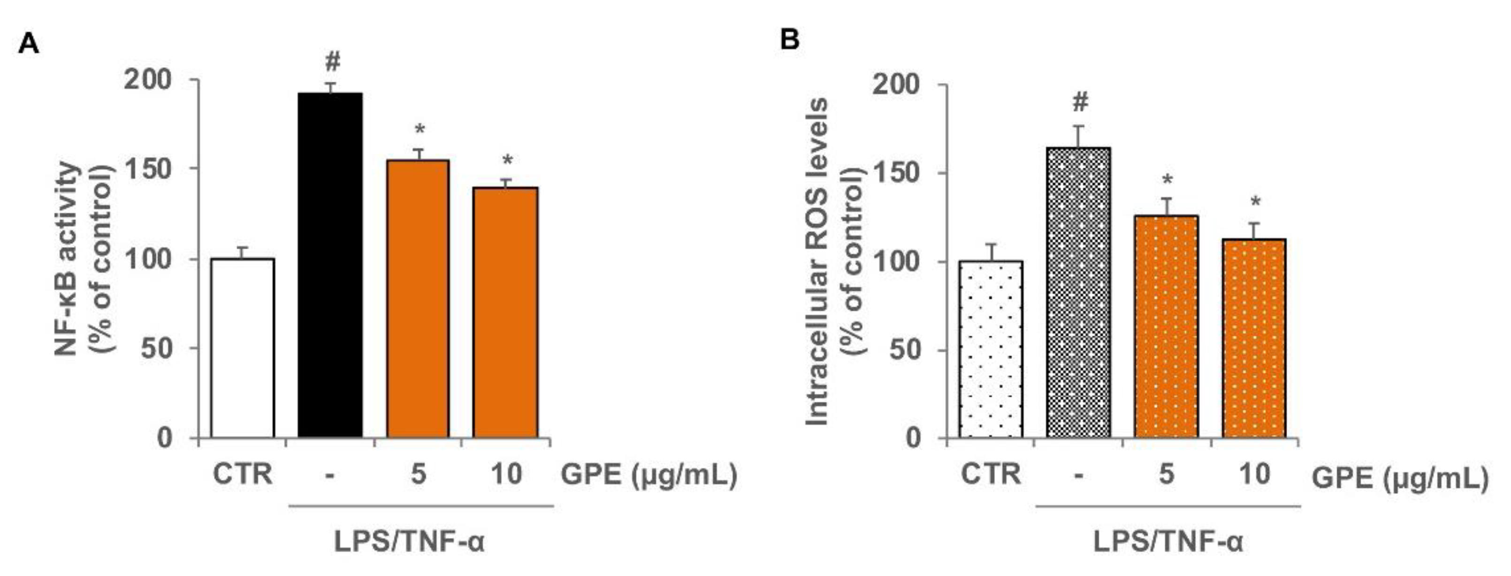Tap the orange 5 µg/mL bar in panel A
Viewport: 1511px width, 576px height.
click(x=418, y=299)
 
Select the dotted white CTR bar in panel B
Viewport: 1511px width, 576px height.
click(x=991, y=349)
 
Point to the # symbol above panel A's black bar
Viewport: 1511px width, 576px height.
click(x=332, y=61)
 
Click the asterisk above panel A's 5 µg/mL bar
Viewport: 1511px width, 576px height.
click(x=419, y=130)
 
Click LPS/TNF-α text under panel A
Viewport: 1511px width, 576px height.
click(x=409, y=541)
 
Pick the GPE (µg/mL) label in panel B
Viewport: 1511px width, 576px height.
click(x=1399, y=478)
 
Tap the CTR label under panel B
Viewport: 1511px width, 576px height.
click(x=990, y=473)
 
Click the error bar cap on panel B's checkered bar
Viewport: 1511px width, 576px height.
click(x=1078, y=126)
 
